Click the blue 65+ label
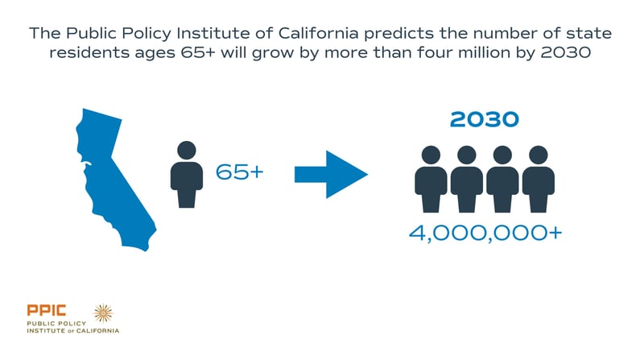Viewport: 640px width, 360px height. (x=240, y=172)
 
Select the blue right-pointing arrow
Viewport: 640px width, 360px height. (x=331, y=174)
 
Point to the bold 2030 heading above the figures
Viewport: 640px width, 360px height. (x=485, y=119)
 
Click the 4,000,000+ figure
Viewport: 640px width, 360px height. (x=485, y=233)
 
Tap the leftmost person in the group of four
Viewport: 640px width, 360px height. (x=431, y=179)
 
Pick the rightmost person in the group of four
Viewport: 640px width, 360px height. (x=539, y=179)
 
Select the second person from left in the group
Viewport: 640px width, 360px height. (x=467, y=179)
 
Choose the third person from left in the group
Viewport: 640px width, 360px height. (x=502, y=179)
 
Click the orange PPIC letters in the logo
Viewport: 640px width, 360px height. (x=47, y=310)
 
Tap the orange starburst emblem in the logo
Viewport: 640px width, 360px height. (x=103, y=313)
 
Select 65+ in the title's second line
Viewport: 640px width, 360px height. (x=198, y=52)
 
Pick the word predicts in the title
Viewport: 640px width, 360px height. (x=399, y=34)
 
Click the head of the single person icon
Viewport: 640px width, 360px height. (x=187, y=150)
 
